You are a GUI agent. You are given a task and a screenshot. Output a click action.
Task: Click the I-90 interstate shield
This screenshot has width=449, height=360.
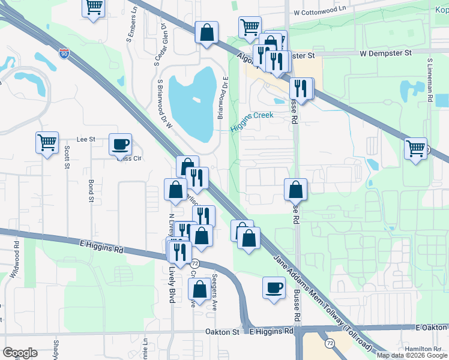coord(64,54)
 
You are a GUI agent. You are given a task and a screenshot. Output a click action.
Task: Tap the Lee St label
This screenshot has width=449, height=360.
coord(86,139)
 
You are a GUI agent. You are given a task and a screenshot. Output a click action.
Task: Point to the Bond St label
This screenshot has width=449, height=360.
coord(91,190)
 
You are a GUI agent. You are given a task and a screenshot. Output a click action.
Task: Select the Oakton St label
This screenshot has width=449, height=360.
coord(222,331)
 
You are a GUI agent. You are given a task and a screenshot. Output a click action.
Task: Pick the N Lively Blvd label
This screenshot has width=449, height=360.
coord(171,228)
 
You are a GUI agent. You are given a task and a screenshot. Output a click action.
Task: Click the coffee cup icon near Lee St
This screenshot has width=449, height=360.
coord(121,144)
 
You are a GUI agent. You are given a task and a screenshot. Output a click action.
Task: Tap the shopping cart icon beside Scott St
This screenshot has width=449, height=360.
coord(47,143)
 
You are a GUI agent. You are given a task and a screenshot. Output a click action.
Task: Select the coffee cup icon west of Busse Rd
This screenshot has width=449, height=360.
coord(274,287)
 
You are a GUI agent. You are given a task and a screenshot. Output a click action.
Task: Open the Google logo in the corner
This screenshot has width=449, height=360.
coord(20,353)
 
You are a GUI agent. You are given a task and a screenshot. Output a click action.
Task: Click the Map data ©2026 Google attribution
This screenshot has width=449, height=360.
coord(411,355)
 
